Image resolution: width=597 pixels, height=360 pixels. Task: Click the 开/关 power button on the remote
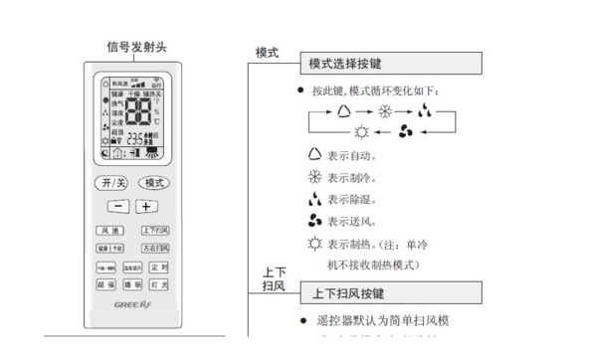(x=111, y=183)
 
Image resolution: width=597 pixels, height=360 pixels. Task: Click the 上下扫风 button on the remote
(x=154, y=231)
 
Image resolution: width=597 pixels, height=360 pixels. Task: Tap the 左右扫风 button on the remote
(x=154, y=248)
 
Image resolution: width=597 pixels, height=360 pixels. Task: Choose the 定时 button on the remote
(x=158, y=268)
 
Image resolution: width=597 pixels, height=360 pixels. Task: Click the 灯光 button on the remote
(x=158, y=284)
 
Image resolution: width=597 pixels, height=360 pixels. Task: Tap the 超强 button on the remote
(x=106, y=284)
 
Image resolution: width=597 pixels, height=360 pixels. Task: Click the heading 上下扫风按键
(x=348, y=293)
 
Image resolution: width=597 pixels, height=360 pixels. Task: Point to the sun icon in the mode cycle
(x=360, y=131)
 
